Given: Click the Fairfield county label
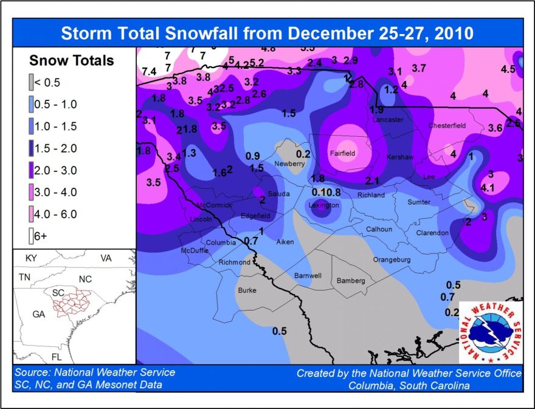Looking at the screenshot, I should [342, 154].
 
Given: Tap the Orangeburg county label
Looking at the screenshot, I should [392, 260].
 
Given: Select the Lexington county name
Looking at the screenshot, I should [323, 206].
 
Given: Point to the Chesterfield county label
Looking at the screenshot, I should [447, 126].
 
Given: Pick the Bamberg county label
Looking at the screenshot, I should [351, 281].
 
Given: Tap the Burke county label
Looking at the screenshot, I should [247, 290].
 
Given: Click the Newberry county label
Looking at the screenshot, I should [289, 164].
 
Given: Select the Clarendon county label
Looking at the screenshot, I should [432, 233].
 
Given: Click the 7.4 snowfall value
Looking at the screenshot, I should [148, 72].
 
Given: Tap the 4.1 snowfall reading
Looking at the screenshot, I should [488, 188].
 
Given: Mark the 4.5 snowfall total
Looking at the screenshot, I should [508, 69].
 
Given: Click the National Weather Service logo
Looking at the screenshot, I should [490, 332].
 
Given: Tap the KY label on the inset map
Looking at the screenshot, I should [31, 258].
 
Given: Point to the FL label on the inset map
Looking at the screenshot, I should [56, 357].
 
